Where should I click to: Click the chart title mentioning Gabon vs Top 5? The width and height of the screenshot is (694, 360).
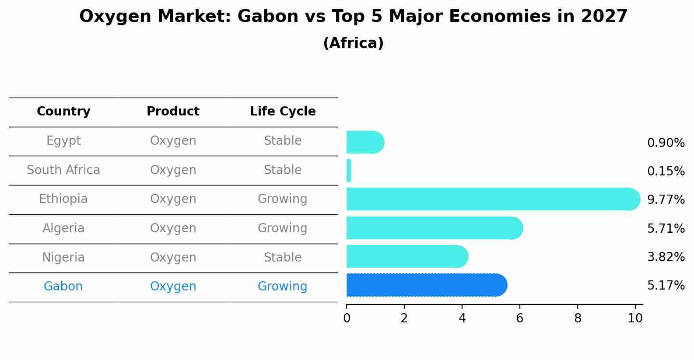[x=353, y=17]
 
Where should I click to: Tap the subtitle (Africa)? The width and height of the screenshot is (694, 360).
[x=353, y=43]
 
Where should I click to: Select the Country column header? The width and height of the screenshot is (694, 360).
[x=63, y=112]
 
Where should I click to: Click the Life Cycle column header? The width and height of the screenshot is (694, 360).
[x=283, y=112]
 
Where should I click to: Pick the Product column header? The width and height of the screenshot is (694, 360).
[x=173, y=112]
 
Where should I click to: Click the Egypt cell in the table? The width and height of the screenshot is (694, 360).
[x=63, y=141]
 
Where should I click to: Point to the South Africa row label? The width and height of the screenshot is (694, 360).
[x=63, y=170]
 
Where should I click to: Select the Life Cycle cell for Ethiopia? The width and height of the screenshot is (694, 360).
[x=283, y=199]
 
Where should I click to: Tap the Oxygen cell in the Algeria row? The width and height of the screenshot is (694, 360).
[x=173, y=228]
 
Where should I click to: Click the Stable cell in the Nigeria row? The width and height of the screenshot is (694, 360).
[x=283, y=258]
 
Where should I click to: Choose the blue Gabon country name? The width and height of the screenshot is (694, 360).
[x=63, y=287]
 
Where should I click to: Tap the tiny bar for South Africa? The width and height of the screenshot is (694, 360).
[x=349, y=171]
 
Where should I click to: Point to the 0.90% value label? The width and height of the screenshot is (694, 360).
[x=666, y=143]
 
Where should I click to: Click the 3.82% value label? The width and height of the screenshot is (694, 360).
[x=666, y=257]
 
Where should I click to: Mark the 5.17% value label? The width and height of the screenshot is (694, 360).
[x=666, y=286]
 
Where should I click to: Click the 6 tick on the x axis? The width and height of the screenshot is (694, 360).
[x=519, y=318]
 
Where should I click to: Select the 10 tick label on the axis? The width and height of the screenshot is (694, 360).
[x=635, y=318]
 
